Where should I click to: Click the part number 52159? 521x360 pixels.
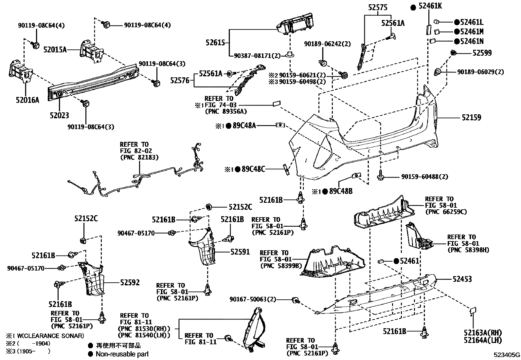(471, 117)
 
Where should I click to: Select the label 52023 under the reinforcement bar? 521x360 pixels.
(59, 115)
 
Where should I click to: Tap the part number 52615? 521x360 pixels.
(215, 42)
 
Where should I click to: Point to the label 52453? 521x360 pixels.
(462, 279)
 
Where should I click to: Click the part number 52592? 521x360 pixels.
(130, 282)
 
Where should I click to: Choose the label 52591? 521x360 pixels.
(240, 252)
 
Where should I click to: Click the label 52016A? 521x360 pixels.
(27, 100)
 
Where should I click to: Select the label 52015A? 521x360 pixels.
(55, 50)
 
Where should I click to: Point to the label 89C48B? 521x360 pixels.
(341, 191)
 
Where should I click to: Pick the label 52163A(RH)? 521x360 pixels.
(483, 333)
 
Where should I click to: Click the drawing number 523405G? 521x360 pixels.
(507, 355)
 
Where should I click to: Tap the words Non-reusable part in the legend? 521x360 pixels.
(122, 354)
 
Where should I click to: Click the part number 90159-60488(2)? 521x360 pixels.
(424, 177)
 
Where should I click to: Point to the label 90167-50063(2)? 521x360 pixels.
(253, 299)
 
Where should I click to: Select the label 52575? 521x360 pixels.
(377, 8)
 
